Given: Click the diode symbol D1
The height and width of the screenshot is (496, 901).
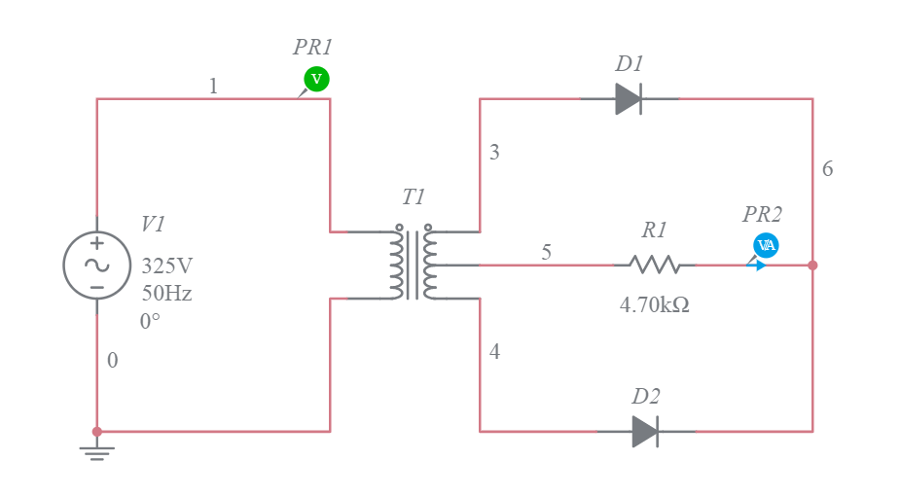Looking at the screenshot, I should pyautogui.click(x=629, y=98).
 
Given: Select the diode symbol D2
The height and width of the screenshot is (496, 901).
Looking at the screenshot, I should pyautogui.click(x=645, y=431).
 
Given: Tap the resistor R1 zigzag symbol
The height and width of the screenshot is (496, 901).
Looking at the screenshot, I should pyautogui.click(x=654, y=265).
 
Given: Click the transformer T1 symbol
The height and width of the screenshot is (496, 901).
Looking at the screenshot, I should pyautogui.click(x=414, y=264).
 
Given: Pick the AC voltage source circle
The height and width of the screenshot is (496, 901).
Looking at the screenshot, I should pyautogui.click(x=96, y=265).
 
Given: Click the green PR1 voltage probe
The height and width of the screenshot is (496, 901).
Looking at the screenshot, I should pyautogui.click(x=315, y=79).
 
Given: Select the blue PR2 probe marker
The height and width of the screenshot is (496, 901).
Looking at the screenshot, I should pyautogui.click(x=766, y=245).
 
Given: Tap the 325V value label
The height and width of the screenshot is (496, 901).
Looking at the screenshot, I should pyautogui.click(x=167, y=266).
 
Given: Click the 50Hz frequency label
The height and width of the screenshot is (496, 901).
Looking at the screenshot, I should pyautogui.click(x=166, y=293).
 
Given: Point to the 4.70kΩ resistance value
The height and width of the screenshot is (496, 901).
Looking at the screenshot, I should pyautogui.click(x=654, y=304).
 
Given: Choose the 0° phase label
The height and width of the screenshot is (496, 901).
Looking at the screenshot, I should pyautogui.click(x=150, y=320).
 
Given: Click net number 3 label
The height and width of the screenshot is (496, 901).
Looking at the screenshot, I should pyautogui.click(x=494, y=153).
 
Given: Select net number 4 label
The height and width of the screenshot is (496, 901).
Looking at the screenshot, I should pyautogui.click(x=494, y=352).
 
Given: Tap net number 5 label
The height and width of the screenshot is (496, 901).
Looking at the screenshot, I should pyautogui.click(x=546, y=252).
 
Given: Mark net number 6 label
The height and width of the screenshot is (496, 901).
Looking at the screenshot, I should pyautogui.click(x=827, y=169).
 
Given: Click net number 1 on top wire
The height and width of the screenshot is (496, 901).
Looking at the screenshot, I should pyautogui.click(x=213, y=87).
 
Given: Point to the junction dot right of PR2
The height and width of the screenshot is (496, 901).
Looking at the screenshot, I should pyautogui.click(x=812, y=265).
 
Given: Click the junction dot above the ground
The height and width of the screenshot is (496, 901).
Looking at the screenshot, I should pyautogui.click(x=96, y=431).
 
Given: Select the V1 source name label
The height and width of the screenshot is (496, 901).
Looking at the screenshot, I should pyautogui.click(x=153, y=224).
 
